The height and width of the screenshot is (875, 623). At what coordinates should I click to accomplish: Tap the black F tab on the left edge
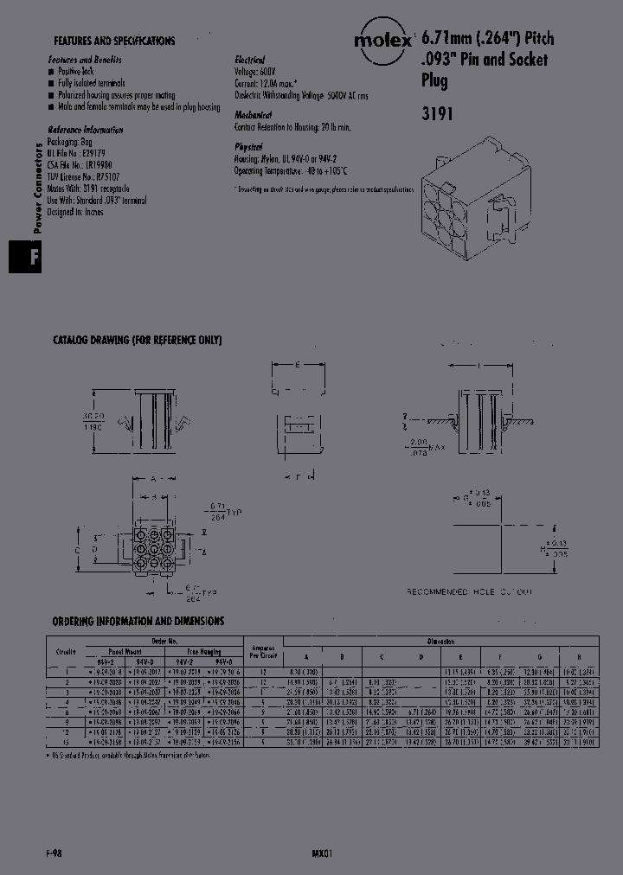pyautogui.click(x=25, y=258)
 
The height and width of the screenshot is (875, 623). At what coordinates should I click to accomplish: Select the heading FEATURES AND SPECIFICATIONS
pyautogui.click(x=114, y=41)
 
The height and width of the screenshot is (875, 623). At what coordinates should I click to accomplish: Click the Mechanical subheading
pyautogui.click(x=254, y=115)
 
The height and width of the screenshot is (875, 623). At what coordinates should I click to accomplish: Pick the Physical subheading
pyautogui.click(x=248, y=148)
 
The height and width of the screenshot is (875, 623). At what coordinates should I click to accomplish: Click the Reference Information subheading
pyautogui.click(x=86, y=130)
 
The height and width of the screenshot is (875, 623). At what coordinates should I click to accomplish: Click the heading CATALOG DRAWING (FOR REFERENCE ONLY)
pyautogui.click(x=138, y=341)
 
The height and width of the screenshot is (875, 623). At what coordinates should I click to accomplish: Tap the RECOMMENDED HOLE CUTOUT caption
pyautogui.click(x=470, y=591)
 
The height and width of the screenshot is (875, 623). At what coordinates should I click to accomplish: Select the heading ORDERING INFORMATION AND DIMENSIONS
pyautogui.click(x=138, y=621)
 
